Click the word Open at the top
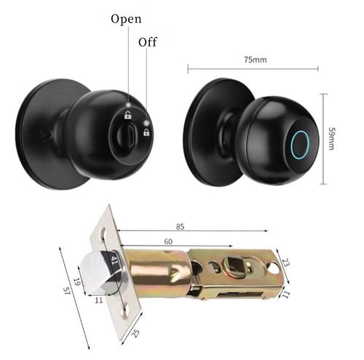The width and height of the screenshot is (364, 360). (126, 18)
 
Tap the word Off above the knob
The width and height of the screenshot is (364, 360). (148, 42)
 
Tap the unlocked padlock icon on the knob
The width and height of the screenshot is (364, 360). (127, 114)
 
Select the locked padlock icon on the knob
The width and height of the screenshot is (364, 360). (146, 132)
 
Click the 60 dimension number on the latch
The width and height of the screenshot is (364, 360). (168, 240)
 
